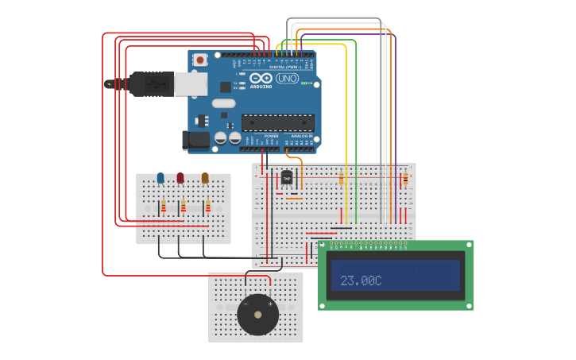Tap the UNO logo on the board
tap(287, 79)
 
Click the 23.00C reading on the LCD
tap(361, 281)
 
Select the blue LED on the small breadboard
tap(160, 179)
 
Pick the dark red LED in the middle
tap(180, 179)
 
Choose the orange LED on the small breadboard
tap(205, 179)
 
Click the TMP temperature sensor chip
tap(287, 177)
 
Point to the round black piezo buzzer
tap(257, 315)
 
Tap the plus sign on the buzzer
tap(269, 304)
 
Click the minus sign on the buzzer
tap(245, 304)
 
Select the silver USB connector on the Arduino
tap(190, 83)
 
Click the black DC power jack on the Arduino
tap(195, 141)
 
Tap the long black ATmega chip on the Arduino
tap(277, 122)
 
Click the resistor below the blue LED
tap(163, 207)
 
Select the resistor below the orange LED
tap(207, 207)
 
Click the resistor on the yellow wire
tap(342, 179)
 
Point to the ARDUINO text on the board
tap(261, 87)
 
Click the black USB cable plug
tap(151, 83)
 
